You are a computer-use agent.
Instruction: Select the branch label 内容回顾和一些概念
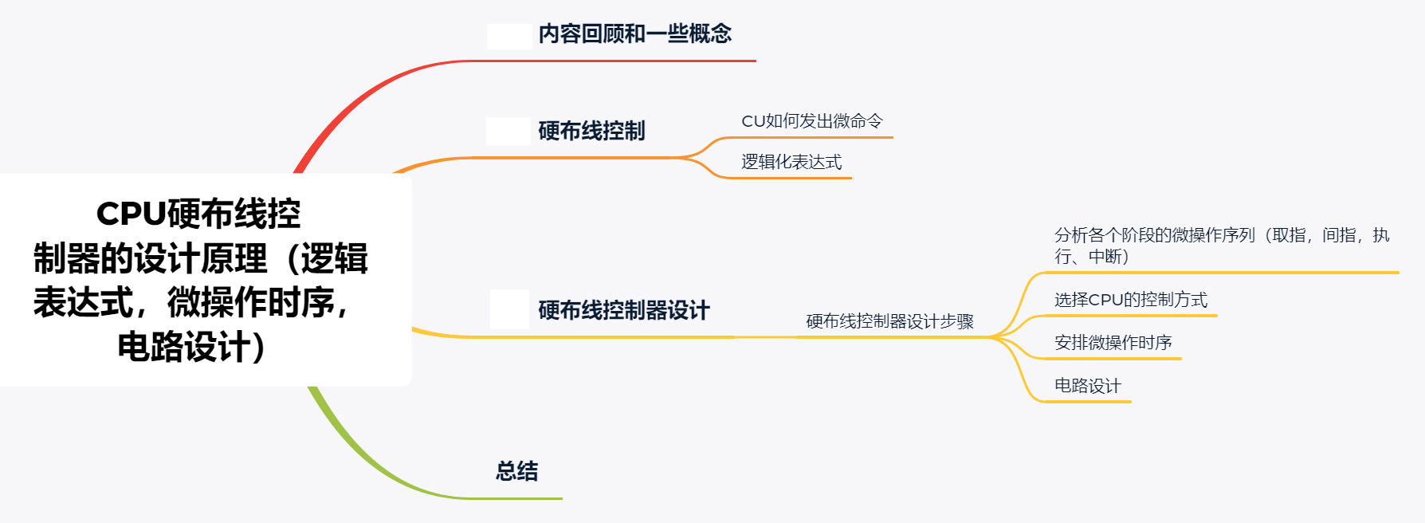click(634, 34)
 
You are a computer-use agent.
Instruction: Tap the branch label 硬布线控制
click(591, 131)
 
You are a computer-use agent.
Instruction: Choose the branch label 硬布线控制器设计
click(623, 310)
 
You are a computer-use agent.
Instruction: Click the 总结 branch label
click(516, 471)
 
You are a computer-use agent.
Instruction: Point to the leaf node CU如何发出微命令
click(811, 121)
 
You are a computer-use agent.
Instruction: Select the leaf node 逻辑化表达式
click(791, 162)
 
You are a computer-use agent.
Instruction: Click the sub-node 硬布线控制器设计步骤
click(889, 321)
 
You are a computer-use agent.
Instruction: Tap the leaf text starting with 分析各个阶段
click(1221, 246)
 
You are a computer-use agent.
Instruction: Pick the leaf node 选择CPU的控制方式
click(1130, 300)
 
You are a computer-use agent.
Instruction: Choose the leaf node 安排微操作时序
click(1113, 343)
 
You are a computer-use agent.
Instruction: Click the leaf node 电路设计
click(1087, 386)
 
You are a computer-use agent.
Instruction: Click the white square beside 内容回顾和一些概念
click(509, 36)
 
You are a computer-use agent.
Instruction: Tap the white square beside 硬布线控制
click(508, 131)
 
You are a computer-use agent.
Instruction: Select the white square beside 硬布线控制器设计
click(509, 309)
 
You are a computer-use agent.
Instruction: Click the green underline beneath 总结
click(518, 498)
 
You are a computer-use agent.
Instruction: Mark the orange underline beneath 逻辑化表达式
click(789, 178)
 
